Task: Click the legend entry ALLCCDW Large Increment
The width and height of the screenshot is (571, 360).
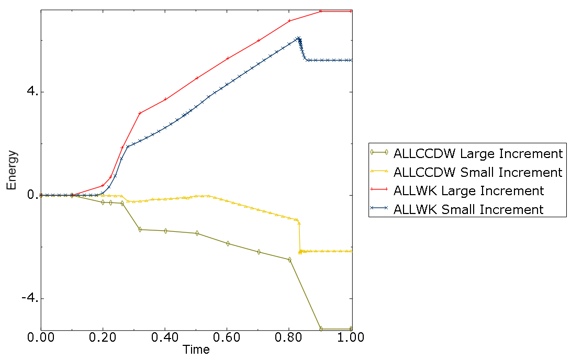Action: pos(478,153)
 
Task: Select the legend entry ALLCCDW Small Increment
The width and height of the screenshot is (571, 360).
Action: pos(478,172)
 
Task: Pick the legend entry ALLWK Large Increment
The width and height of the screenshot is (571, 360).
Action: pos(468,190)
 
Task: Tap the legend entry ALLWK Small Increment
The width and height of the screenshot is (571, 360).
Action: pos(468,209)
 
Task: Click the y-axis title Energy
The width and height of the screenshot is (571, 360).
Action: pos(12,170)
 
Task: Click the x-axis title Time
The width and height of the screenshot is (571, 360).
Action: pos(196,350)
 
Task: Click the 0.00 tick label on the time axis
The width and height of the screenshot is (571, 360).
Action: pos(41,337)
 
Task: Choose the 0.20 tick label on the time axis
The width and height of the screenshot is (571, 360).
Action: pos(103,337)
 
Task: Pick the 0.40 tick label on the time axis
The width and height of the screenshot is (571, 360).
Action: pos(165,337)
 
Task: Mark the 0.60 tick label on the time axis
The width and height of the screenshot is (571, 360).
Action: pos(227,337)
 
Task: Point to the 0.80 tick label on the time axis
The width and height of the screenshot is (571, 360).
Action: pos(289,337)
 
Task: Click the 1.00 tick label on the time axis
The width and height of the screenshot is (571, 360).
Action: pos(352,337)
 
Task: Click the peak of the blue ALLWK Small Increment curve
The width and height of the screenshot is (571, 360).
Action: pos(298,38)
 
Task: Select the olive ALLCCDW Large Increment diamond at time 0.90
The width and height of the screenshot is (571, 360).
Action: pos(321,329)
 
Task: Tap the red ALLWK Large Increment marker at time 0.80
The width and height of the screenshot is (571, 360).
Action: pos(289,20)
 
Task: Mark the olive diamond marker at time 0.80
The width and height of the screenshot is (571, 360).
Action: pos(289,260)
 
